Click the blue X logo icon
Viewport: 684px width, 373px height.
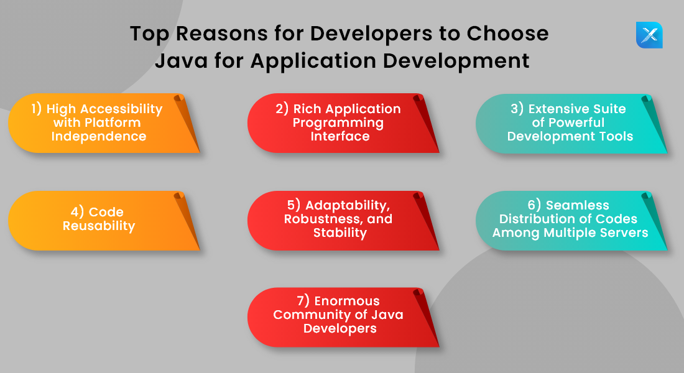point(649,35)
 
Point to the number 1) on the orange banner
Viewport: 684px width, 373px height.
point(37,109)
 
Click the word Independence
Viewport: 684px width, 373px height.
point(99,136)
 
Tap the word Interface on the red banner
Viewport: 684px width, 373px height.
point(340,136)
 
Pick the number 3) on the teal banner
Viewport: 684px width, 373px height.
point(517,109)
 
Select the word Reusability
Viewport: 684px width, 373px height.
point(99,226)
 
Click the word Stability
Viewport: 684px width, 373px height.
point(340,233)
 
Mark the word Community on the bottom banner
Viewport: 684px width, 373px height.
point(310,315)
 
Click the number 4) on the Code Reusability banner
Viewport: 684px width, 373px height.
point(75,212)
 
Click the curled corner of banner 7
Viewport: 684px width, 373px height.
point(423,298)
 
